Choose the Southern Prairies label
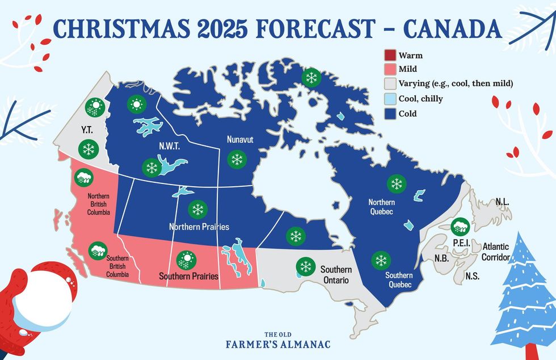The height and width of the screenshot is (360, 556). (x=189, y=277)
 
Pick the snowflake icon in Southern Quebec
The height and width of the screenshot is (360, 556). (x=380, y=261)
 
